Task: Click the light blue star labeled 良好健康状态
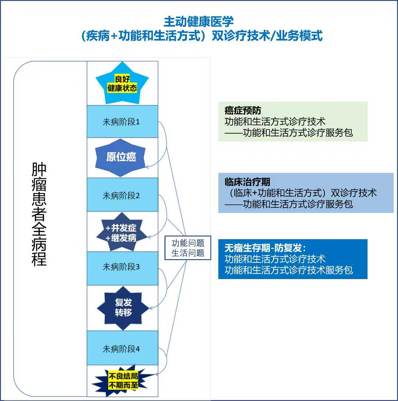click(x=122, y=84)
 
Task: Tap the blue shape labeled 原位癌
click(x=121, y=157)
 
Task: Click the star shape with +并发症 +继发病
click(x=121, y=233)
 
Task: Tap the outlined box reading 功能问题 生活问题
click(x=188, y=248)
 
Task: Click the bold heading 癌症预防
click(x=243, y=110)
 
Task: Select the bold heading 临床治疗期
click(x=247, y=182)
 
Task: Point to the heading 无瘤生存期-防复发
click(x=265, y=248)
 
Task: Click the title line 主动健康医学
click(x=198, y=22)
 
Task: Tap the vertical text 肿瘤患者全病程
click(x=39, y=214)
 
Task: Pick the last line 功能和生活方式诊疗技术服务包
click(x=289, y=270)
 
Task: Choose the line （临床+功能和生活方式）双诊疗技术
click(x=300, y=193)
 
